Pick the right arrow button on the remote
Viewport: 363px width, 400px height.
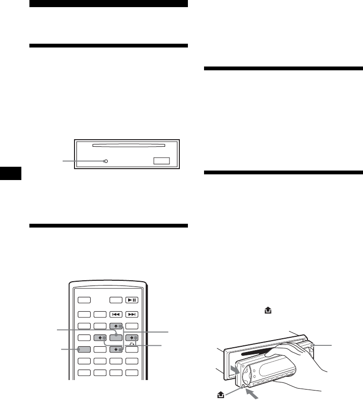[131, 338]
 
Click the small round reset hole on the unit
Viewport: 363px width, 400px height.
[105, 162]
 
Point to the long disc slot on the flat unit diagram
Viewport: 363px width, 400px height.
[128, 146]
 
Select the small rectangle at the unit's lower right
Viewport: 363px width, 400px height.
[161, 162]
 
